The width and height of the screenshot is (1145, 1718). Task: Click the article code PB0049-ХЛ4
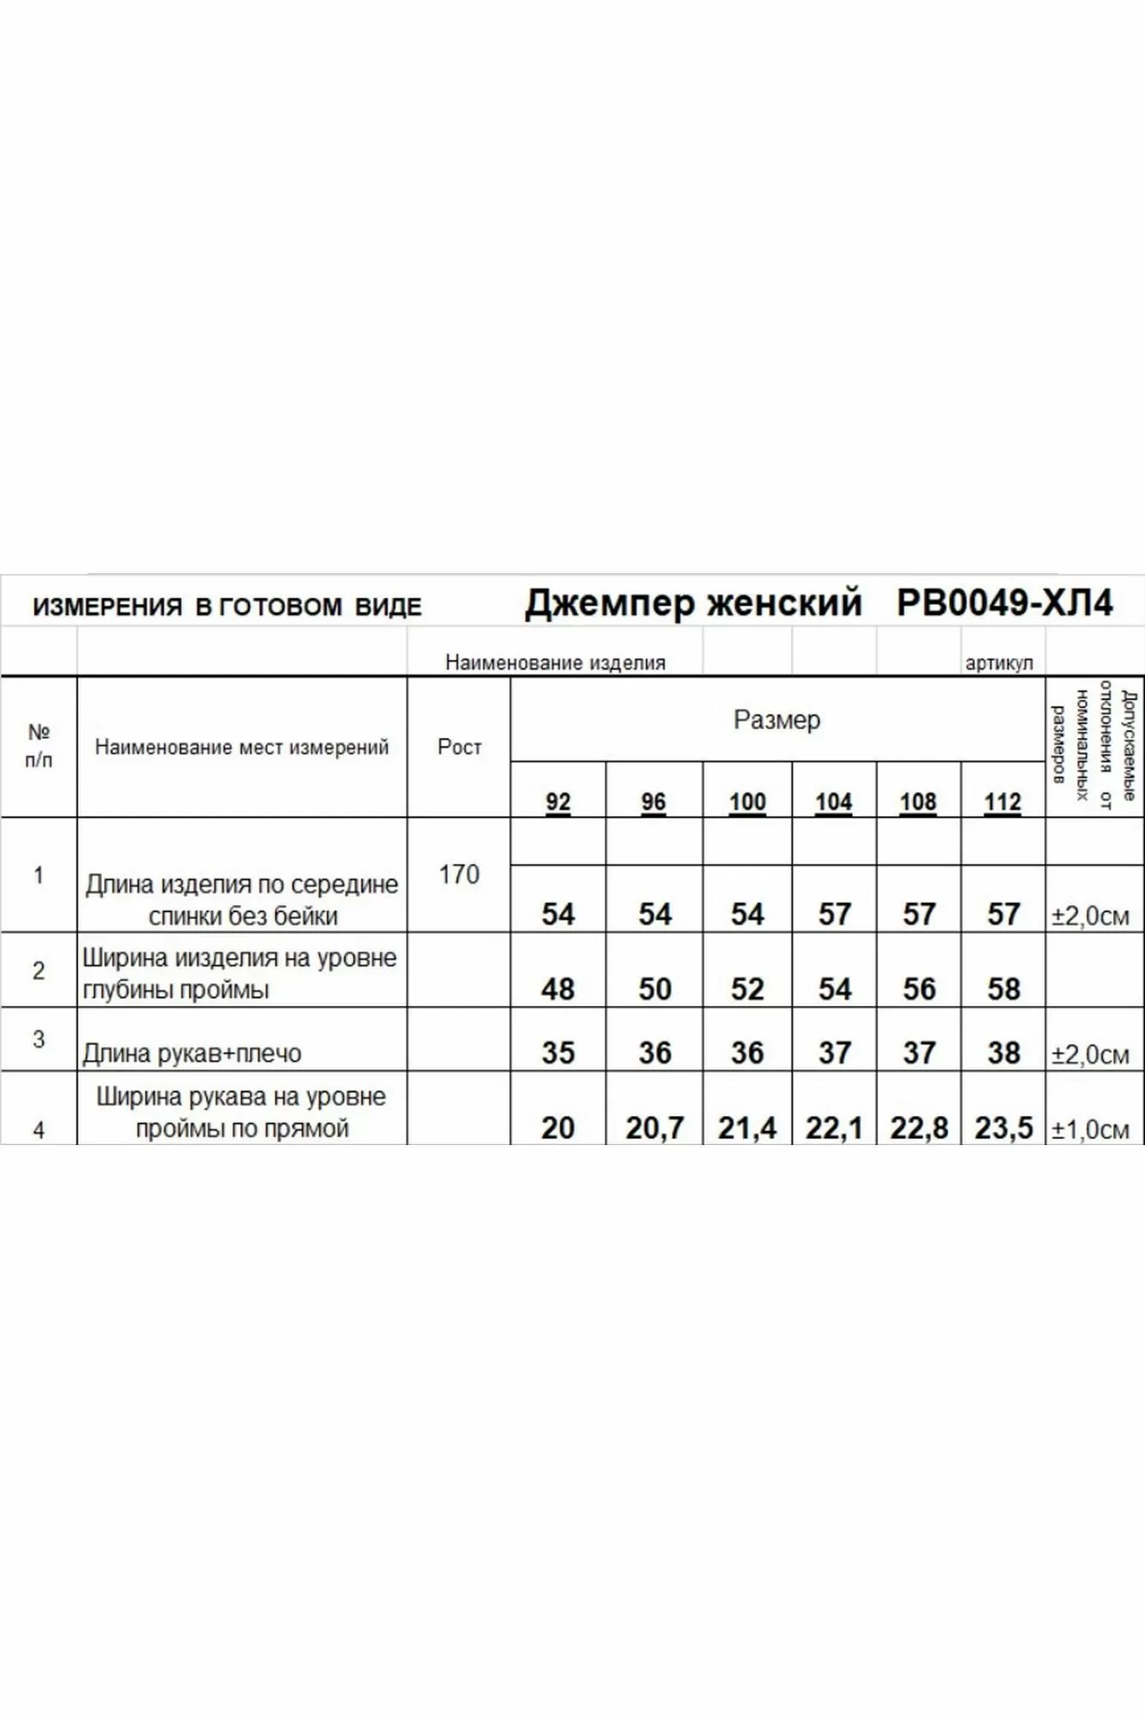tap(1004, 603)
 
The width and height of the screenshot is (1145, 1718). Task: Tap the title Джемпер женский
tap(693, 603)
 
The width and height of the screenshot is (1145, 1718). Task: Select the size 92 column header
tap(557, 802)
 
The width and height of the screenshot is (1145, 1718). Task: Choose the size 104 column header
tap(833, 802)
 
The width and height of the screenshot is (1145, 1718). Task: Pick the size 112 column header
tap(1002, 802)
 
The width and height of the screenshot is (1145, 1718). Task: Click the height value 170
tap(459, 874)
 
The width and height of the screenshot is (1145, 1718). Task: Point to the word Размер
tap(777, 720)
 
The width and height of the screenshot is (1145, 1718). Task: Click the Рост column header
tap(459, 746)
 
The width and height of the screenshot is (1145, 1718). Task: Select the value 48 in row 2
tap(557, 989)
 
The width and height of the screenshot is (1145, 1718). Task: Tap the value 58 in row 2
tap(1003, 989)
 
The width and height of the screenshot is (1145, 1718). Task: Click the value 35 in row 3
tap(557, 1052)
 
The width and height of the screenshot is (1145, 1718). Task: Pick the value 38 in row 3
tap(1003, 1052)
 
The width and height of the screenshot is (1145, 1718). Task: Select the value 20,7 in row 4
tap(655, 1127)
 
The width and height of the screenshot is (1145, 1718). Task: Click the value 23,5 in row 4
tap(1003, 1127)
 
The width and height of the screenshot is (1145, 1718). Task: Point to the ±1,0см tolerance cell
tap(1090, 1130)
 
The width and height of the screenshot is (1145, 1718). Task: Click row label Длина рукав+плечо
tap(192, 1053)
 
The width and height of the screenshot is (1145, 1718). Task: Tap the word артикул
tap(999, 662)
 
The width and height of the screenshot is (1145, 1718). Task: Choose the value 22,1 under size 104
tap(833, 1127)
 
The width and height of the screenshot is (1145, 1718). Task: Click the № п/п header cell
tap(39, 746)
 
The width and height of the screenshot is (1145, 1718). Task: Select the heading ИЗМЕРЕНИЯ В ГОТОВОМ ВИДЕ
tap(227, 606)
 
